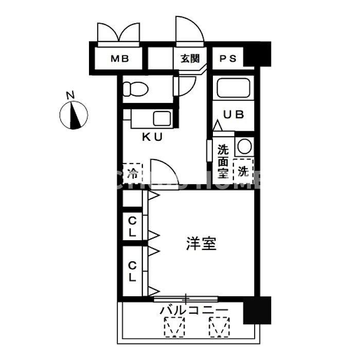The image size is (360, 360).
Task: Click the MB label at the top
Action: point(119,58)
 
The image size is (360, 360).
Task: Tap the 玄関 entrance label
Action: point(189,58)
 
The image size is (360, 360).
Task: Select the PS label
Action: point(228,58)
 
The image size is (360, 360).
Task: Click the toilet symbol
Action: point(137,89)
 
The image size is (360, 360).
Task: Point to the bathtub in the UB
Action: point(232,88)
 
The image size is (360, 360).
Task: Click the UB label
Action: point(232,115)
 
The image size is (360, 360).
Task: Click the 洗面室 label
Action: point(223,161)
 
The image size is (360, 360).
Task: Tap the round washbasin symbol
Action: point(244,147)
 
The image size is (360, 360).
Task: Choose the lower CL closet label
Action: point(132,271)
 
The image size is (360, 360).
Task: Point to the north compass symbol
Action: point(74,115)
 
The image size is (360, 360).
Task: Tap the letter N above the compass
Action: point(70,95)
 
